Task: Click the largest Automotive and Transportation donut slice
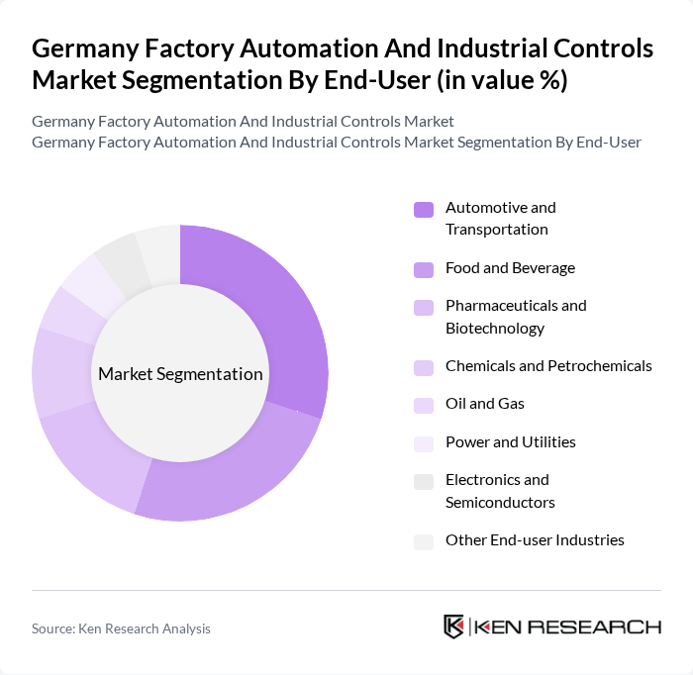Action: pos(287,317)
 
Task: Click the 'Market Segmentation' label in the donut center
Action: pos(180,374)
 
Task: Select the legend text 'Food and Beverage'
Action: pos(510,268)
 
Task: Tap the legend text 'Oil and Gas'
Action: pos(485,404)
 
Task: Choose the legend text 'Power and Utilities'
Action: pos(510,441)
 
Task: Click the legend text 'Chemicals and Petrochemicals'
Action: pos(548,366)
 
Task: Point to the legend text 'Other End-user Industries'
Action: pos(535,540)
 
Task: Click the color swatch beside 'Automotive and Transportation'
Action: pos(424,209)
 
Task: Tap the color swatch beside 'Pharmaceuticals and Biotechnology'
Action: pos(424,307)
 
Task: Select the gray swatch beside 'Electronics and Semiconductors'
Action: pos(424,481)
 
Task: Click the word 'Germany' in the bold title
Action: pos(85,48)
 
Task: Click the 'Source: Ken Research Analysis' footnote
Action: pos(121,628)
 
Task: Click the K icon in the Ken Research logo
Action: pos(454,627)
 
